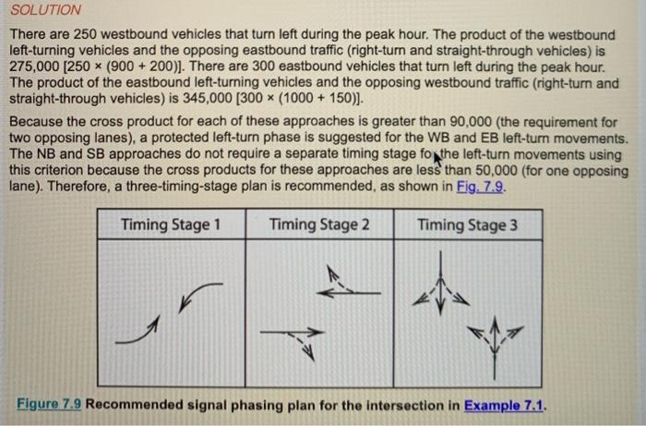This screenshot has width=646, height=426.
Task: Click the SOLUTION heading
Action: tap(45, 10)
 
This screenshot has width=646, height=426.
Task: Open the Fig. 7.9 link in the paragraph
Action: tap(481, 185)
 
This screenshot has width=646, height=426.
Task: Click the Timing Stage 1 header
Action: tap(171, 225)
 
